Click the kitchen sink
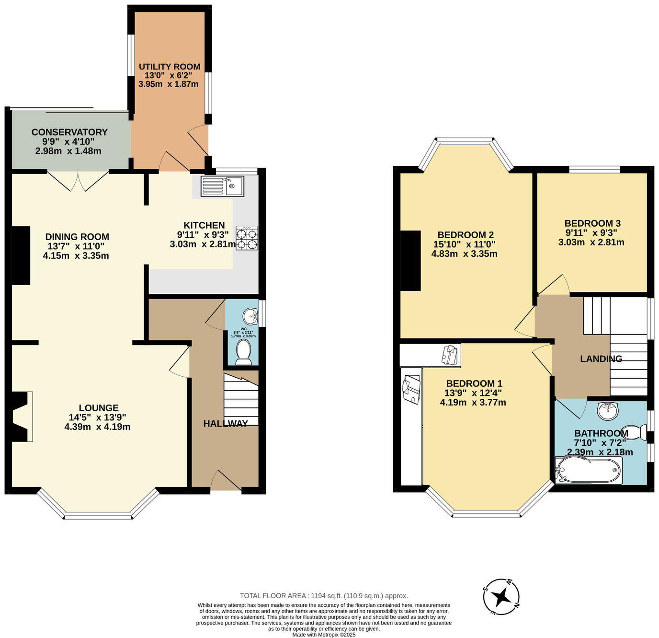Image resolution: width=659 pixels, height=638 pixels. click(222, 186)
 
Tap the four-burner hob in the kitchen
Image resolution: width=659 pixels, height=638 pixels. click(247, 238)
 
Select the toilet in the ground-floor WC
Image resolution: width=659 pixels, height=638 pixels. click(243, 353)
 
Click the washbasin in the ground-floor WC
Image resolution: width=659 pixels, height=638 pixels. click(250, 316)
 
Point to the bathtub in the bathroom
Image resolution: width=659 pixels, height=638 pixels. click(589, 470)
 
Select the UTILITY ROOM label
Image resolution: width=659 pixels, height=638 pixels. click(170, 67)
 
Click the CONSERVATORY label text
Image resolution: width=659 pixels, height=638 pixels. click(69, 132)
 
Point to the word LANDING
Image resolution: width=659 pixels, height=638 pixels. click(601, 359)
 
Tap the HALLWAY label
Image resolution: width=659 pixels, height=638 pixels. click(226, 423)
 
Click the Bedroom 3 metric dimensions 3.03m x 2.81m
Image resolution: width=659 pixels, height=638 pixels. click(591, 243)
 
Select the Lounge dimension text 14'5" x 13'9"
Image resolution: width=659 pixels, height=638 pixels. click(98, 418)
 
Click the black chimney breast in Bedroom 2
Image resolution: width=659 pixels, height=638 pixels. click(410, 261)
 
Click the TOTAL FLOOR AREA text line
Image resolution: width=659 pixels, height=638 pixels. click(324, 596)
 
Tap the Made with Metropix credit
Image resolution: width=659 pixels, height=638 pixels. click(324, 635)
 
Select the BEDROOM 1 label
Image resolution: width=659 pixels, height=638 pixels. click(474, 383)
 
